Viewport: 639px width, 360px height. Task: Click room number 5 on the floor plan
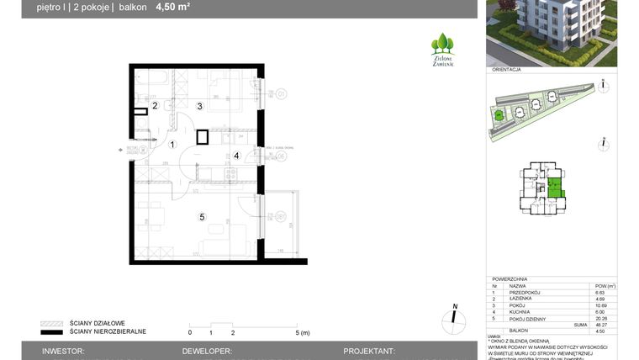click(202, 217)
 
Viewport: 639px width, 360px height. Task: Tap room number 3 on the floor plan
click(199, 106)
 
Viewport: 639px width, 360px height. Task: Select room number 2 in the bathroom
click(155, 105)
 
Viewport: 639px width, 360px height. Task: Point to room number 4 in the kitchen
click(236, 156)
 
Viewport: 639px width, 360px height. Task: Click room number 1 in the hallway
click(172, 145)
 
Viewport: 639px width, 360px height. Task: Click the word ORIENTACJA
click(507, 71)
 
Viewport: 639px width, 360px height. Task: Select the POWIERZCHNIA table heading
click(511, 278)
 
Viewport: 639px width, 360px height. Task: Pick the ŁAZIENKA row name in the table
click(522, 299)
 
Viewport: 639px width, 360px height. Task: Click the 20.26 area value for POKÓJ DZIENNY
click(599, 319)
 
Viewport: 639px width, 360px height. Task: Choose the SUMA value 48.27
click(599, 325)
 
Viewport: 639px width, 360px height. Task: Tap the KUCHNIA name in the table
click(520, 312)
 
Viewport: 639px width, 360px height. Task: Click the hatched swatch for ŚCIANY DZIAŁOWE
click(51, 323)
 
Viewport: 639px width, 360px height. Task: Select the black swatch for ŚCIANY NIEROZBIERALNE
click(51, 331)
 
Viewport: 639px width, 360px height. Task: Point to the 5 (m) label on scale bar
click(303, 332)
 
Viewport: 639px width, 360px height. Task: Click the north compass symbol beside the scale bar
click(454, 318)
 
